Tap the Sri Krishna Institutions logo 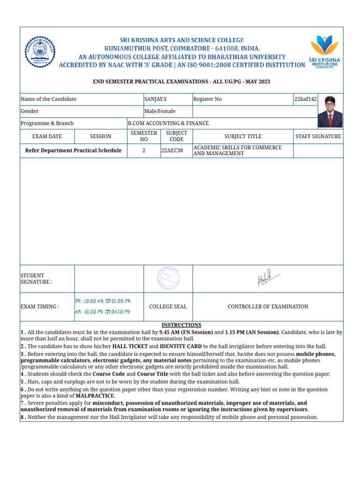pos(325,52)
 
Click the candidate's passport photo pos(330,112)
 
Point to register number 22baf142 pos(304,99)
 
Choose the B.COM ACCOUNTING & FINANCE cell pos(168,123)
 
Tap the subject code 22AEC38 pos(172,150)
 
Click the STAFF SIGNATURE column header pos(318,136)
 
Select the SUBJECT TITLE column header pos(243,136)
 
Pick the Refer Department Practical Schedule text pos(73,150)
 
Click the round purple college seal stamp pos(168,278)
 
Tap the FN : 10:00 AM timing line pos(103,300)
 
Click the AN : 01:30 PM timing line pos(103,312)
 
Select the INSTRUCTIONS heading pos(181,325)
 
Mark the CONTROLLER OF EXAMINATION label pos(268,307)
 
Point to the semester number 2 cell pos(144,150)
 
